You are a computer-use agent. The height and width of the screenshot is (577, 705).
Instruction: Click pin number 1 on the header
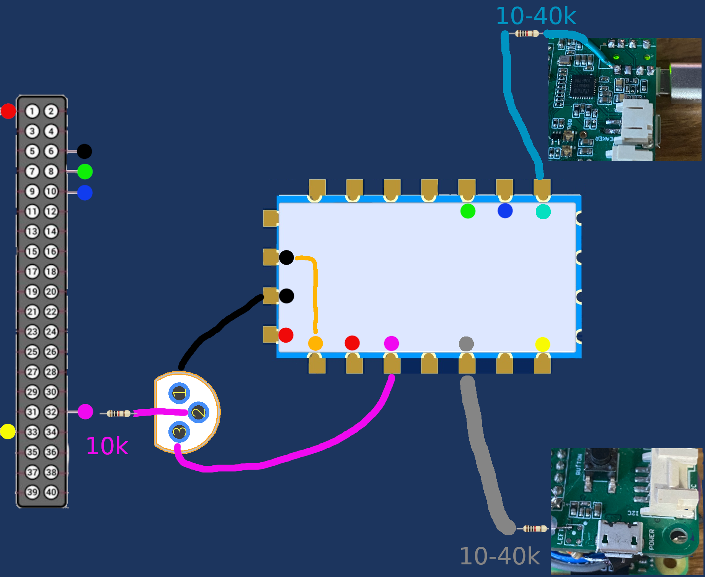pyautogui.click(x=32, y=111)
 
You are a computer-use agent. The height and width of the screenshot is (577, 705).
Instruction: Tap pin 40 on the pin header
pyautogui.click(x=51, y=492)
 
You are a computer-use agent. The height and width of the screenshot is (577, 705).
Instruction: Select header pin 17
pyautogui.click(x=32, y=271)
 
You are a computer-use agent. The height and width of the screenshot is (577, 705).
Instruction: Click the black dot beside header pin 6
pyautogui.click(x=84, y=151)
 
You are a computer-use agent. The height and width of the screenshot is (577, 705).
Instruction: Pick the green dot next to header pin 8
pyautogui.click(x=85, y=172)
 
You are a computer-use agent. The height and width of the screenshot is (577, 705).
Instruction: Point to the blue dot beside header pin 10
pyautogui.click(x=85, y=192)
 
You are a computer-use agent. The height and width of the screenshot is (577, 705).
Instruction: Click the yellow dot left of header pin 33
pyautogui.click(x=8, y=432)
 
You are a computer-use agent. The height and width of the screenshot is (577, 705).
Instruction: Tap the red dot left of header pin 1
pyautogui.click(x=8, y=111)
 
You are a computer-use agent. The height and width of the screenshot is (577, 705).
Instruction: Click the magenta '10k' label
pyautogui.click(x=107, y=446)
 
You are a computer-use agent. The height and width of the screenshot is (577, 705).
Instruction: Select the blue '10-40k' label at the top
pyautogui.click(x=536, y=16)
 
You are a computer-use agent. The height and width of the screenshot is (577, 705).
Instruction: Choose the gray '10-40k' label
pyautogui.click(x=499, y=556)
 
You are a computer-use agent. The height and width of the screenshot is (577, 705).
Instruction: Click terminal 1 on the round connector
pyautogui.click(x=179, y=393)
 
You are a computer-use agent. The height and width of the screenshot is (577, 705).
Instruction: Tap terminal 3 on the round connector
pyautogui.click(x=179, y=432)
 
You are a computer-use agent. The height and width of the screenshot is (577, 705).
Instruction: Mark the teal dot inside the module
pyautogui.click(x=543, y=211)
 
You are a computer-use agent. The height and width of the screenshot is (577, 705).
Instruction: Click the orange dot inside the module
pyautogui.click(x=315, y=343)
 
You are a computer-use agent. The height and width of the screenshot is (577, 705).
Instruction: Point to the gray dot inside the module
pyautogui.click(x=466, y=344)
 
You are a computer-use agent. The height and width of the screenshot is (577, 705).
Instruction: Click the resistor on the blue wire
pyautogui.click(x=527, y=34)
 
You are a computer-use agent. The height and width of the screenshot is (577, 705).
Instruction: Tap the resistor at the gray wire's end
pyautogui.click(x=535, y=529)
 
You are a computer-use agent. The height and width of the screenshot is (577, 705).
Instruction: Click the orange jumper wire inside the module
pyautogui.click(x=315, y=294)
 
